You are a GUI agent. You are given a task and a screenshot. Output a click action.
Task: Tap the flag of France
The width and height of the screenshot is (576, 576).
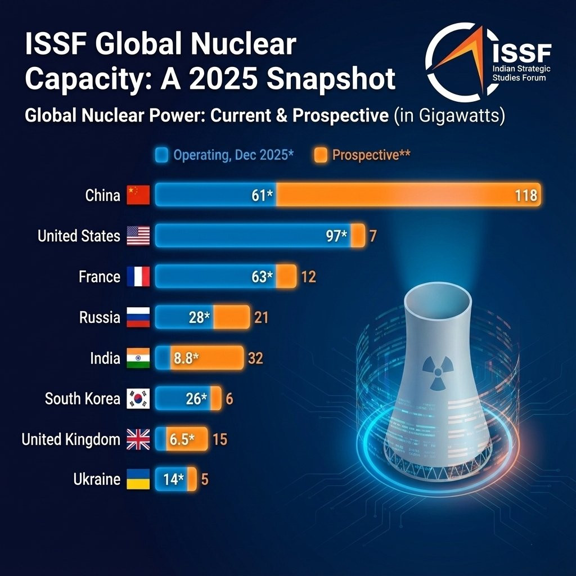pyautogui.click(x=138, y=277)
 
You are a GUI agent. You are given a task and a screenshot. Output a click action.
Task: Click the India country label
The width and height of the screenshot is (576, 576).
pyautogui.click(x=105, y=358)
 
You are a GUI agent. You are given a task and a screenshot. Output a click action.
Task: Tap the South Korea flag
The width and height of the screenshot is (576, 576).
pyautogui.click(x=138, y=399)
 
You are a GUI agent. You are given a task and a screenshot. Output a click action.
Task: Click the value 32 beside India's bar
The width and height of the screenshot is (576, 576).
pyautogui.click(x=255, y=358)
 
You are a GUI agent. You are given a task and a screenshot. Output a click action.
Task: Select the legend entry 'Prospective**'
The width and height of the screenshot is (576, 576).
pyautogui.click(x=371, y=155)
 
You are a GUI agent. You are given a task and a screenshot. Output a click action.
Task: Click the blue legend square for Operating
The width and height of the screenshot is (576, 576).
pyautogui.click(x=161, y=155)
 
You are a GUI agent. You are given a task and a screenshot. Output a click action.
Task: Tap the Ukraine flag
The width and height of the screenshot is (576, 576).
pyautogui.click(x=138, y=479)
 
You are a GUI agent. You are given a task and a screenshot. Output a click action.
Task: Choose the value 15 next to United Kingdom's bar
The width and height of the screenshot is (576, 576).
pyautogui.click(x=220, y=439)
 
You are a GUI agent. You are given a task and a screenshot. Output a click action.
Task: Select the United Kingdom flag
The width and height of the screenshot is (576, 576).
pyautogui.click(x=138, y=439)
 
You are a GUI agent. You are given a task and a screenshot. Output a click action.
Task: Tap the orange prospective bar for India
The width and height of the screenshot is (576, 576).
pyautogui.click(x=222, y=358)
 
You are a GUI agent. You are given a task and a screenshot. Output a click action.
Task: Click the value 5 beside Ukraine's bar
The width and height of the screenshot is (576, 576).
pyautogui.click(x=205, y=480)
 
